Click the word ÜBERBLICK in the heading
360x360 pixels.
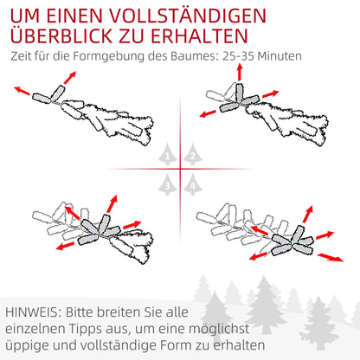[x=74, y=37]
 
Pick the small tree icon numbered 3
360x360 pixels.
[x=169, y=183]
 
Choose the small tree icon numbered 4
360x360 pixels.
[x=191, y=183]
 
